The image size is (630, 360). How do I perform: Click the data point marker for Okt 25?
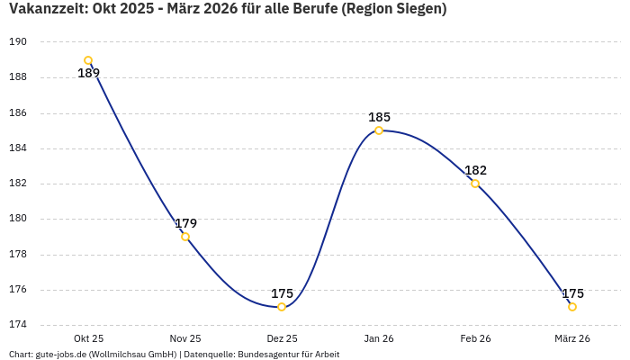pyautogui.click(x=88, y=60)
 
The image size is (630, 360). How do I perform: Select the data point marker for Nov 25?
pyautogui.click(x=185, y=237)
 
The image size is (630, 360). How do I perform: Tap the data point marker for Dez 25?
pyautogui.click(x=282, y=307)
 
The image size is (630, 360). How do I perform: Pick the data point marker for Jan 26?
pyautogui.click(x=379, y=130)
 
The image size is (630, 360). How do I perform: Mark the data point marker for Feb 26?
pyautogui.click(x=475, y=184)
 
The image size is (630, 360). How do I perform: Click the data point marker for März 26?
pyautogui.click(x=572, y=307)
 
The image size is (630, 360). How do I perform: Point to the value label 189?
pyautogui.click(x=88, y=74)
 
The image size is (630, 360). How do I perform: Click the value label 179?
pyautogui.click(x=185, y=223)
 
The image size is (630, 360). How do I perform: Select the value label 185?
pyautogui.click(x=379, y=117)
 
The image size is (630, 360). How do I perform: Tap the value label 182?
pyautogui.click(x=475, y=170)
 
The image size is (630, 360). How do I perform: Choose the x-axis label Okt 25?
pyautogui.click(x=88, y=338)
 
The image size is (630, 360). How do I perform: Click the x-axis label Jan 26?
pyautogui.click(x=379, y=338)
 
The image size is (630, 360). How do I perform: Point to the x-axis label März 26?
pyautogui.click(x=572, y=338)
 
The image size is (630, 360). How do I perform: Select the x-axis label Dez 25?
pyautogui.click(x=282, y=338)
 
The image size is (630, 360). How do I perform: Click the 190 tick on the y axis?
pyautogui.click(x=18, y=42)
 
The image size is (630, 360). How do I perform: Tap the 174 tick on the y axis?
pyautogui.click(x=18, y=325)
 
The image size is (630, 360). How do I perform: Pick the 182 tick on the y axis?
pyautogui.click(x=18, y=184)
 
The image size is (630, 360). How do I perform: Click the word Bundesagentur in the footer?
pyautogui.click(x=267, y=355)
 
